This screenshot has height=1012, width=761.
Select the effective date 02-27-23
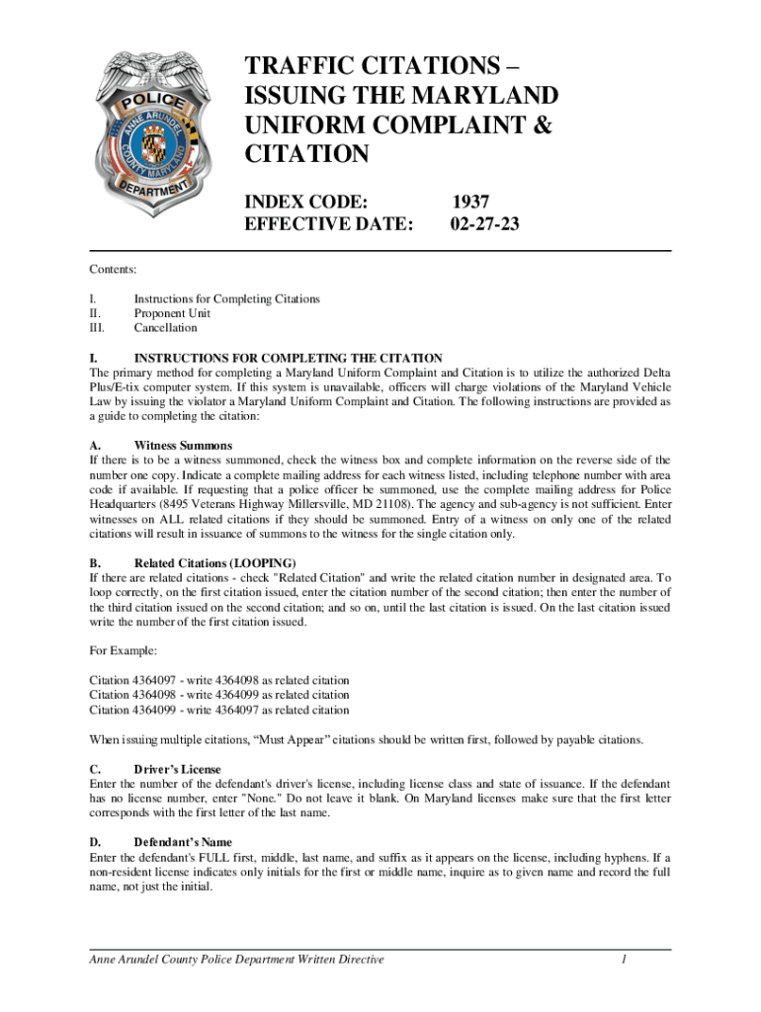[484, 224]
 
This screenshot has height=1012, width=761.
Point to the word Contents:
[114, 268]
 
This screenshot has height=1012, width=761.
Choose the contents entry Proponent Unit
[172, 313]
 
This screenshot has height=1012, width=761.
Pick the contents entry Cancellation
[165, 328]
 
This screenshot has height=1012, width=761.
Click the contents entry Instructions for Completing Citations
[226, 298]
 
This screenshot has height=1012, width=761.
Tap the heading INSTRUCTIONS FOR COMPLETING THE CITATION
[288, 358]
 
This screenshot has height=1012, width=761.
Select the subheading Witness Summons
[183, 446]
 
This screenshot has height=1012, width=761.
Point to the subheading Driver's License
[177, 769]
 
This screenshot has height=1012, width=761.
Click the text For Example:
[123, 651]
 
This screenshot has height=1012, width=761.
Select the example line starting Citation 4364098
[218, 695]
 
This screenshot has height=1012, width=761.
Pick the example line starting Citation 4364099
[218, 710]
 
